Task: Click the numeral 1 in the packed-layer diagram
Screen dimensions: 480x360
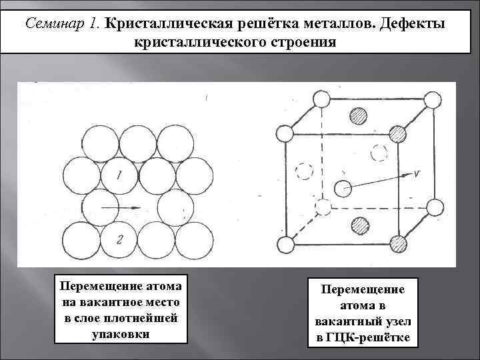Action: [119, 176]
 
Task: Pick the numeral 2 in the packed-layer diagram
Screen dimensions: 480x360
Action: [119, 239]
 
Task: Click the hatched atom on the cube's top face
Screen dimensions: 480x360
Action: [360, 115]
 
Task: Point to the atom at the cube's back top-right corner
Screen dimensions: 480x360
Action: [433, 101]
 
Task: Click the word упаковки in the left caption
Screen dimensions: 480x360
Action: [121, 332]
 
